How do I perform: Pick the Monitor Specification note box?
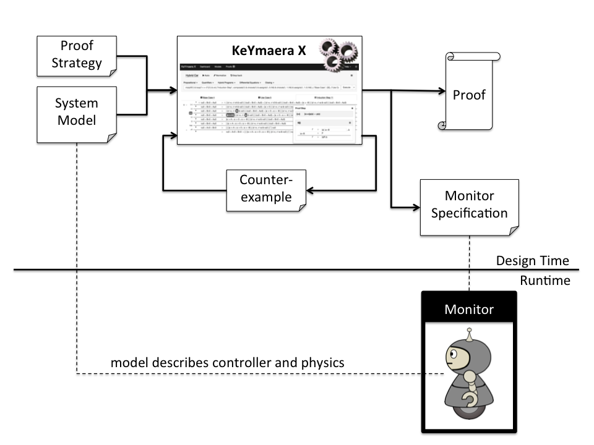coord(468,206)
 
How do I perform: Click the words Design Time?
coord(532,261)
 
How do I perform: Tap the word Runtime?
coord(544,281)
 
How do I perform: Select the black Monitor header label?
coord(469,308)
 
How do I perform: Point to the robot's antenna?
coord(470,334)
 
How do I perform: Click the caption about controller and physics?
coord(227,362)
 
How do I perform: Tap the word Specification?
coord(468,214)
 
